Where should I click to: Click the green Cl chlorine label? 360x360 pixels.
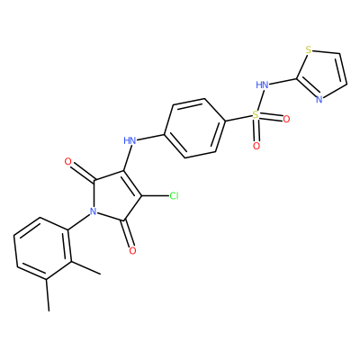174,196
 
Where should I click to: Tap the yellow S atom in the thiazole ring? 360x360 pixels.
309,49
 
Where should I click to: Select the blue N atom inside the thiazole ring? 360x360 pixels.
319,99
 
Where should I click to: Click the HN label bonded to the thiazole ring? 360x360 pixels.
262,85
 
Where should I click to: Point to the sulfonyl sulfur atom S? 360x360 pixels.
256,114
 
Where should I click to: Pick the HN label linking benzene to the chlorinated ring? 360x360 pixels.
130,140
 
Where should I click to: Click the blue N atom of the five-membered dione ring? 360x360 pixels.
94,211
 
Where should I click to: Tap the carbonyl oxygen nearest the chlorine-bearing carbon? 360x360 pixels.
132,250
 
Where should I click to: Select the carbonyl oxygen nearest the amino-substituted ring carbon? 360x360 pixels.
68,162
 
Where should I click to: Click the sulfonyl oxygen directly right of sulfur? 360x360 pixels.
286,120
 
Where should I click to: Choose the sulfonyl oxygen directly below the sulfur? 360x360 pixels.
256,146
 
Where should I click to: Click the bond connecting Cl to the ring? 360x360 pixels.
155,196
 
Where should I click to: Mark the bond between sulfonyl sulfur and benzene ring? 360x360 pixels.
238,118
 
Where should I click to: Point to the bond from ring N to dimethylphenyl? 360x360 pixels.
79,222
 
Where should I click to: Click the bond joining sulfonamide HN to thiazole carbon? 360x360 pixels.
283,81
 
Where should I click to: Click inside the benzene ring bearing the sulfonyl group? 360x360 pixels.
194,128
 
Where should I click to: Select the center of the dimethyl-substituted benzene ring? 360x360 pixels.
43,248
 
